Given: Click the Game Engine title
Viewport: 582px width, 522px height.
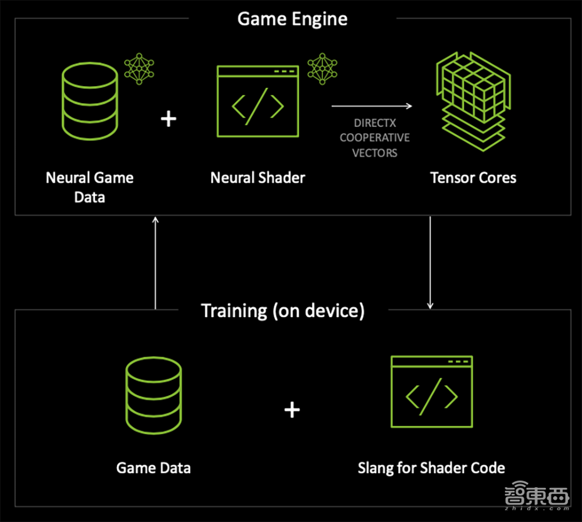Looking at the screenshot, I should (x=292, y=19).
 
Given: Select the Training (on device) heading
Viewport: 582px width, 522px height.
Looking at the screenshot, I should (x=283, y=310).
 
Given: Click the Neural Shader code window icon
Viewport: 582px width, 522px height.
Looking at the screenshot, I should (x=257, y=101).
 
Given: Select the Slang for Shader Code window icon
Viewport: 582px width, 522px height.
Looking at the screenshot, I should (x=431, y=392).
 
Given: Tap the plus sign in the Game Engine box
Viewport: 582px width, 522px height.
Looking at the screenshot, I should (x=168, y=119).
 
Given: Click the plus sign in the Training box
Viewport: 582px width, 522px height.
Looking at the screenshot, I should (x=292, y=410).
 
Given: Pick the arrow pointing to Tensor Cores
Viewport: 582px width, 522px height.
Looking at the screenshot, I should (x=372, y=106).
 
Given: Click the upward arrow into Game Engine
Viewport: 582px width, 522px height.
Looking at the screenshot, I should (x=155, y=262).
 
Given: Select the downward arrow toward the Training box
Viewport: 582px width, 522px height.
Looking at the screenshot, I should (x=430, y=262).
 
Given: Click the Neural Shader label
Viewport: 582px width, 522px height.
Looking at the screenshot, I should (x=257, y=177).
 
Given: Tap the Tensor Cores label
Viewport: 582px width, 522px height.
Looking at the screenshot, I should (x=473, y=177).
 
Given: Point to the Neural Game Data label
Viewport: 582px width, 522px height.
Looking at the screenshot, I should (x=90, y=187).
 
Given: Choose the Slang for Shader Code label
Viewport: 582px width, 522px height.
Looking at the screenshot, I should (x=431, y=467).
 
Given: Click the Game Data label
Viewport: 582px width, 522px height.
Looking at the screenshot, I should (x=154, y=467).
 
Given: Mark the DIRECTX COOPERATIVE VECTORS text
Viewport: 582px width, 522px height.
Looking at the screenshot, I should (x=375, y=138).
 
